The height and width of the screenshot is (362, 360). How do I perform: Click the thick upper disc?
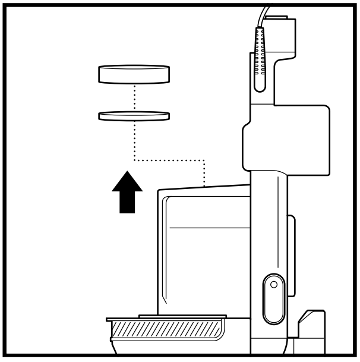(x=134, y=74)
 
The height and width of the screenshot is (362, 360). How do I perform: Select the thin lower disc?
(x=134, y=115)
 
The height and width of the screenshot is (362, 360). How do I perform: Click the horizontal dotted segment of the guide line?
(x=169, y=159)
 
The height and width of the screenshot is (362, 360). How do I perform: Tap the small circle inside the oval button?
(x=273, y=284)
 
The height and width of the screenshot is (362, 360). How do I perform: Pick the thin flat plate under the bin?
(x=182, y=316)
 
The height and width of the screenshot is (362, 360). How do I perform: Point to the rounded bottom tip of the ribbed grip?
(x=260, y=88)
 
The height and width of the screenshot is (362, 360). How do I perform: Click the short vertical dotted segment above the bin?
(x=204, y=172)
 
